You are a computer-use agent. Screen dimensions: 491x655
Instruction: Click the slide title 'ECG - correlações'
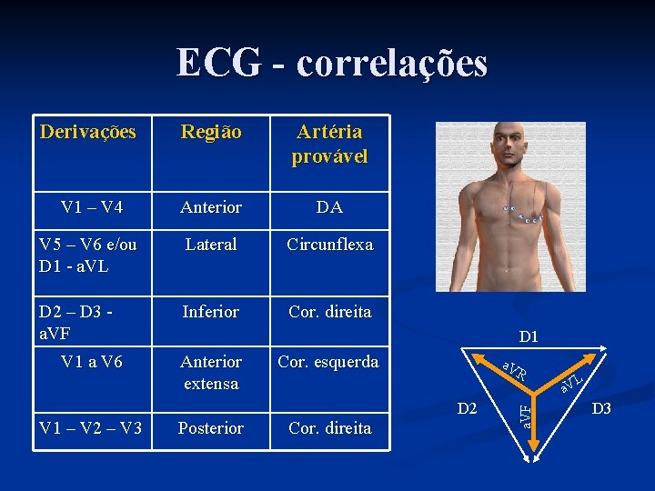(x=332, y=63)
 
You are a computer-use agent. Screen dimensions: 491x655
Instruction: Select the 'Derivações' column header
(x=88, y=132)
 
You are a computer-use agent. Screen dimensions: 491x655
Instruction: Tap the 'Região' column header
(x=211, y=133)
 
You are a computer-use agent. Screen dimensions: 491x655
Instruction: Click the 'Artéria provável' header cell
(x=329, y=145)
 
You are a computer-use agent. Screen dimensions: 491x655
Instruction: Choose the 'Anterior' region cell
(x=211, y=207)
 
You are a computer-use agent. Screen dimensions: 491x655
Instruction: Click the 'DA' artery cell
(x=329, y=207)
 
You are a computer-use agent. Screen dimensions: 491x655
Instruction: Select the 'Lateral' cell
(x=211, y=245)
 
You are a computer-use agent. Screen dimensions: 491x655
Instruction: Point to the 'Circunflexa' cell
(x=329, y=245)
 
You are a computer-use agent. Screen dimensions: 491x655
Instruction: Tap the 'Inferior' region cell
(x=211, y=312)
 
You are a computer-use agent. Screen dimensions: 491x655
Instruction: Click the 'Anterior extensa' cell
(x=211, y=373)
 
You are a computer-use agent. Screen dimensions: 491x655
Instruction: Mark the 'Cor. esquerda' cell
(x=327, y=362)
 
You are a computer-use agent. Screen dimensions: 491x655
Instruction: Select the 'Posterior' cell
(x=211, y=428)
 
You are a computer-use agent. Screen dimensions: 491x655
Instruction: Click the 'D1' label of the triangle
(x=529, y=337)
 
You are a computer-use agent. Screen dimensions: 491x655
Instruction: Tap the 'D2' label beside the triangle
(x=468, y=409)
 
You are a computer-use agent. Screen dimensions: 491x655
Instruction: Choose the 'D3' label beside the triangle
(x=602, y=409)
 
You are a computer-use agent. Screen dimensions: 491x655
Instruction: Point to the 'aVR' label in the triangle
(x=514, y=371)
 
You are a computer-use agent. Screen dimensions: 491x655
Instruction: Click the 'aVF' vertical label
(x=524, y=414)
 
